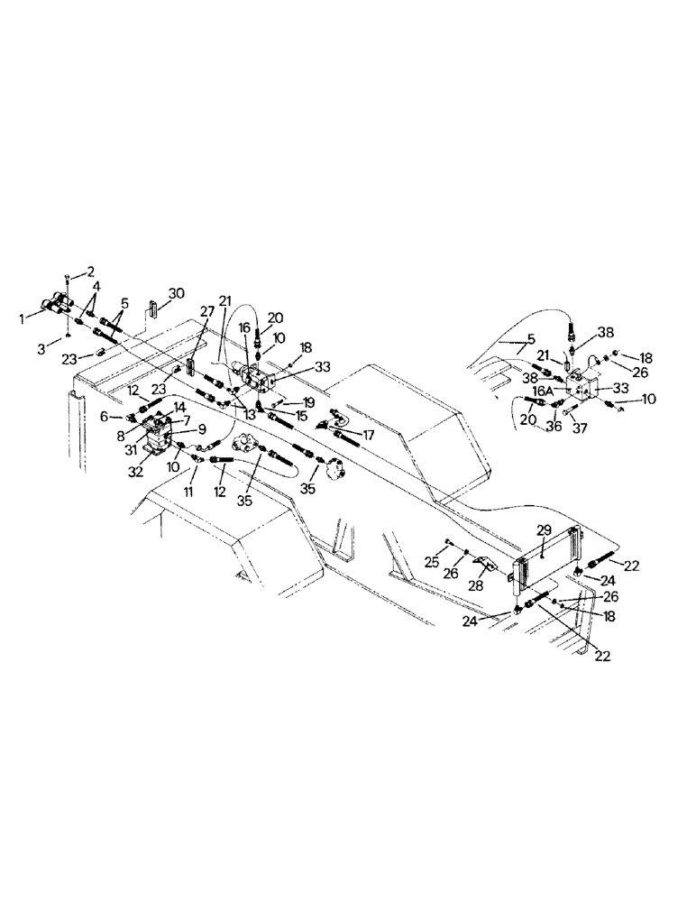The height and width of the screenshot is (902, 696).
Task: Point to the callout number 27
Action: pos(206,312)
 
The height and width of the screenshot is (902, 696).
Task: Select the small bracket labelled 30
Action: pos(152,308)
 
